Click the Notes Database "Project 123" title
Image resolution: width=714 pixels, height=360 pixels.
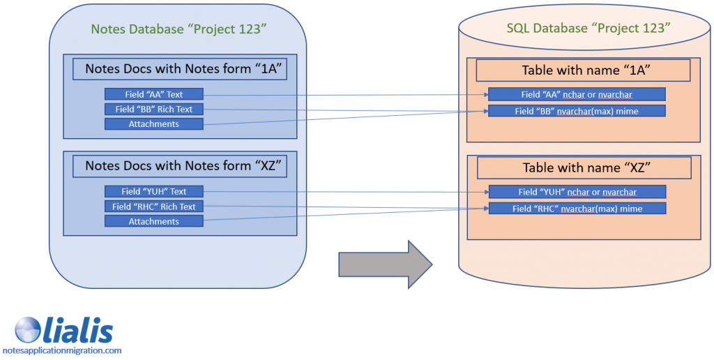[180, 29]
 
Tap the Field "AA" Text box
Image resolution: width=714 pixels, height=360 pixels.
[153, 93]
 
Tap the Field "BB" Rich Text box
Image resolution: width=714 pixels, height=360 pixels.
[153, 109]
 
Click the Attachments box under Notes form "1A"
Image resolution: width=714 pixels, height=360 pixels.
[153, 124]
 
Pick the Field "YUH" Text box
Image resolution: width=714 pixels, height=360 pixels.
[153, 191]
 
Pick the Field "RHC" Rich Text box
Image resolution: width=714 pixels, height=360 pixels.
[153, 207]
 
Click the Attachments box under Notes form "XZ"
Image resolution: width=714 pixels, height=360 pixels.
[153, 221]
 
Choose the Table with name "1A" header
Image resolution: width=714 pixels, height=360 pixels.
[582, 70]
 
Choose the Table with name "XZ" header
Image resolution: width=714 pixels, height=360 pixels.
[582, 168]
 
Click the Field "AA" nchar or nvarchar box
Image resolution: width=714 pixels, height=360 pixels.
[577, 95]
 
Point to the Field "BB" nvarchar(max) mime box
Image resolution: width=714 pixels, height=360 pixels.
[577, 111]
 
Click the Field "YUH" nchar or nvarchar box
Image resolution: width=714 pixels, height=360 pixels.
[577, 192]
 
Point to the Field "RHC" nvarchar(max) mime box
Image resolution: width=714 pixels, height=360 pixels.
[577, 208]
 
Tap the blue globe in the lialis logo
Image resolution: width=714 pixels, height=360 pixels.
[29, 329]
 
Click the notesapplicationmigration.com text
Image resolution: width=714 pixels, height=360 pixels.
[62, 351]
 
